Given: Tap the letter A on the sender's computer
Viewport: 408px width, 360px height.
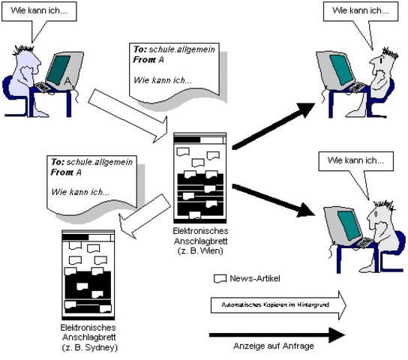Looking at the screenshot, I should coord(67,80).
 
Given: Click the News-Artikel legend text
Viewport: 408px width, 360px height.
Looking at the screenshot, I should coord(255,278).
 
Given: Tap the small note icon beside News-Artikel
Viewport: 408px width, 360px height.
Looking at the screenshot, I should coord(220,278).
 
